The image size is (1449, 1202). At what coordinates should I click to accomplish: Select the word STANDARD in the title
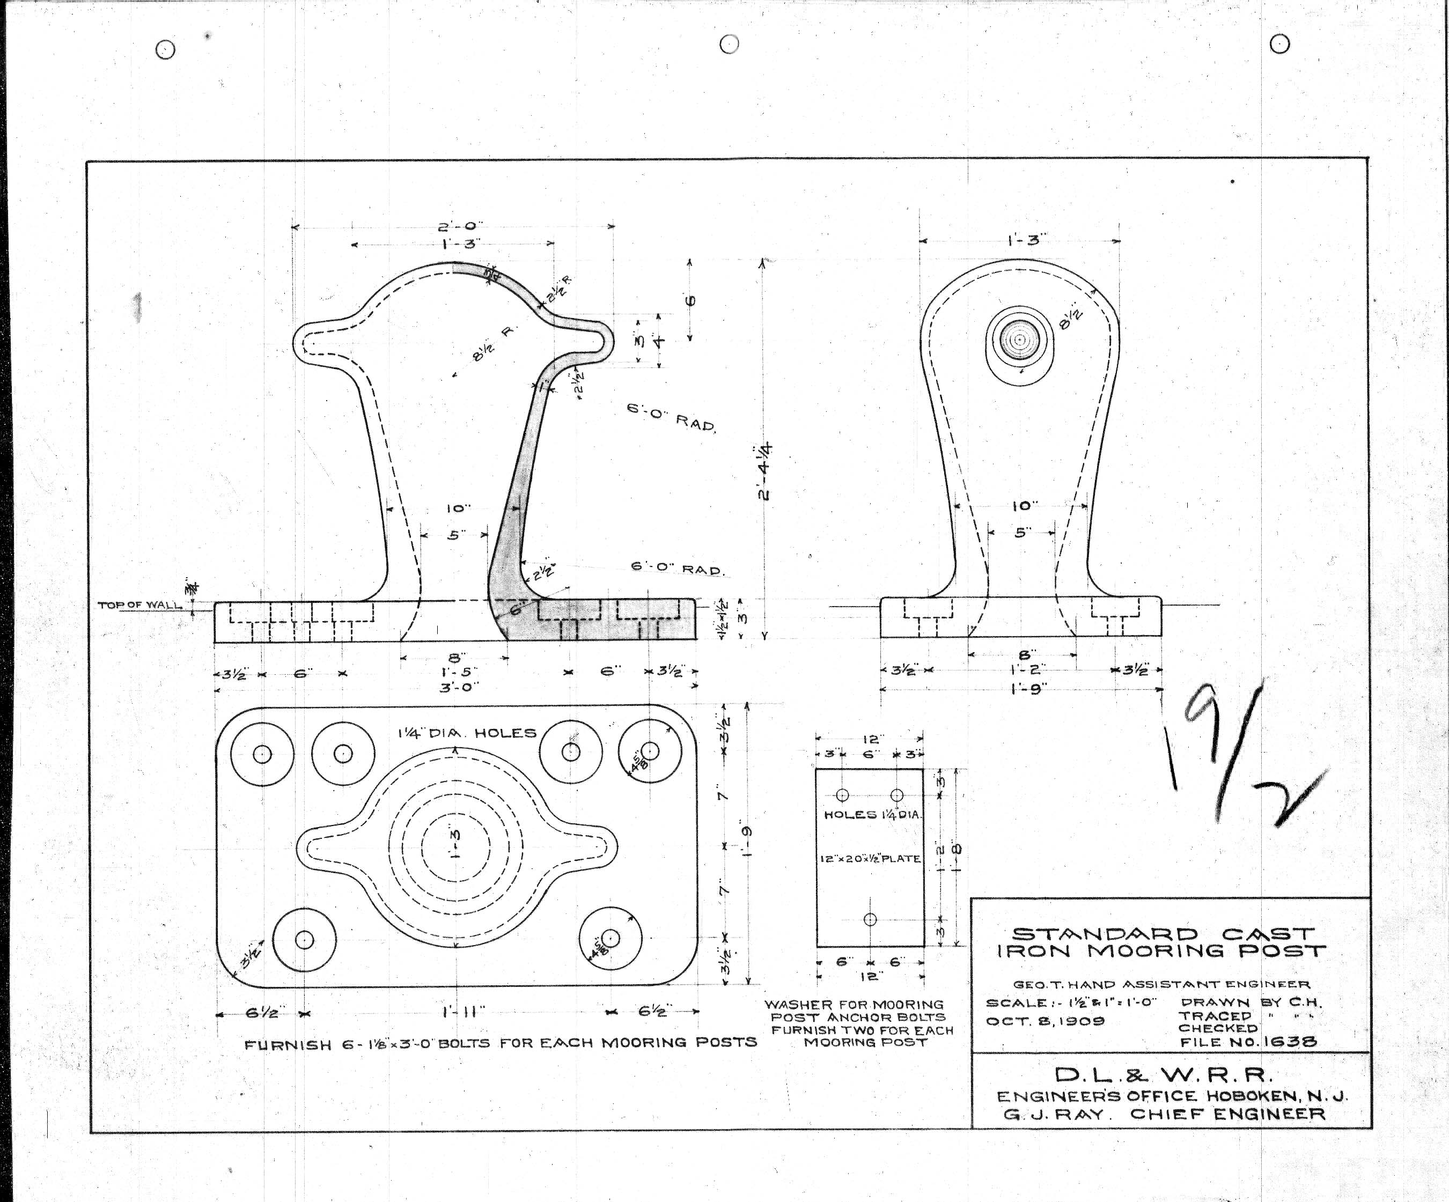pyautogui.click(x=1105, y=935)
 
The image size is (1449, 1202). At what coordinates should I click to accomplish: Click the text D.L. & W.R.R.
pyautogui.click(x=1163, y=1075)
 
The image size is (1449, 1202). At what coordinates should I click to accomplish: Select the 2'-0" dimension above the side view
pyautogui.click(x=460, y=226)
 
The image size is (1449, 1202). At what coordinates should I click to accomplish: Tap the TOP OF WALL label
pyautogui.click(x=139, y=605)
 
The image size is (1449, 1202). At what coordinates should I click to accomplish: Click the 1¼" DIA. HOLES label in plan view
pyautogui.click(x=466, y=733)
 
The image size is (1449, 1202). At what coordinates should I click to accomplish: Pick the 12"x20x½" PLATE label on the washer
pyautogui.click(x=870, y=859)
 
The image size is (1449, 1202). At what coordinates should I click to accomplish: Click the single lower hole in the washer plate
pyautogui.click(x=870, y=919)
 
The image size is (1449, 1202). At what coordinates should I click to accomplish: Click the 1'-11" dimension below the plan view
pyautogui.click(x=464, y=1012)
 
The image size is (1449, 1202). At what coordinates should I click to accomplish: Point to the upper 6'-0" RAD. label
pyautogui.click(x=671, y=417)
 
